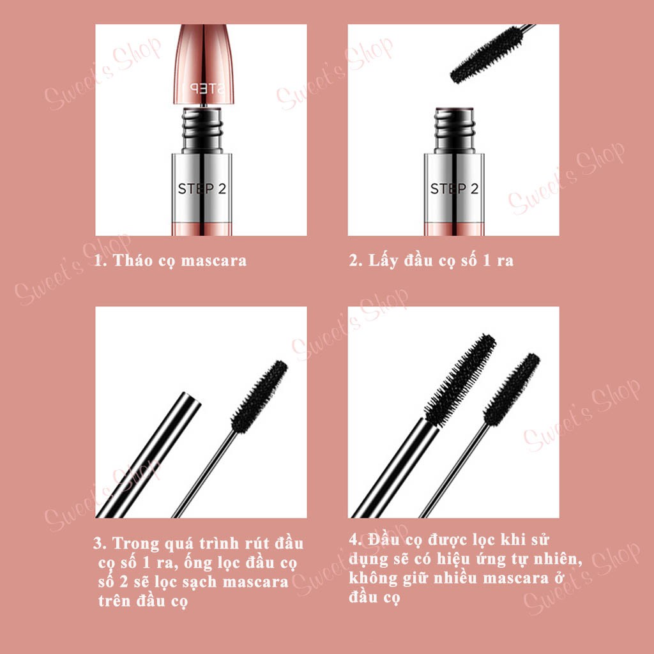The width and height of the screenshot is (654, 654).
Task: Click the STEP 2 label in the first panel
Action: pyautogui.click(x=201, y=188)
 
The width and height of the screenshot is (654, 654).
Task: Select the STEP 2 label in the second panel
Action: pyautogui.click(x=453, y=188)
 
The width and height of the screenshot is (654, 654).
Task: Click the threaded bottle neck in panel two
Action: pyautogui.click(x=453, y=130)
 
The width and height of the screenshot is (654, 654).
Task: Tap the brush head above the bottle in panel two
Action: pyautogui.click(x=485, y=54)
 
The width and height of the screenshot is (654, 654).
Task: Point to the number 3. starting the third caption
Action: pyautogui.click(x=100, y=544)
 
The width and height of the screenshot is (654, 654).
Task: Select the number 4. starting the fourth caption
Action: pyautogui.click(x=356, y=539)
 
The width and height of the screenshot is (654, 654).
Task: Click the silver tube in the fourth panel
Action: pyautogui.click(x=396, y=466)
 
